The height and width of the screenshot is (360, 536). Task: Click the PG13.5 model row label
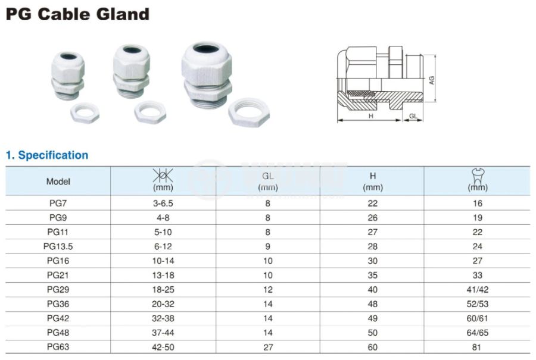point(58,246)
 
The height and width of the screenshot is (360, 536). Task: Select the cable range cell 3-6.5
point(163,204)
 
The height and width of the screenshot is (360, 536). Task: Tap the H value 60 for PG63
point(373,347)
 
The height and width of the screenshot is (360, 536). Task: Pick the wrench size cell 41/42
point(478,290)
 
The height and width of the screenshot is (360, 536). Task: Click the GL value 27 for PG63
point(268,347)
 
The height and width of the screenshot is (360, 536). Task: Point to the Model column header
point(58,181)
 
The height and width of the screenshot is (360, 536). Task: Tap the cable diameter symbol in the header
point(163,175)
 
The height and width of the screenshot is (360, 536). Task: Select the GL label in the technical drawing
point(413,116)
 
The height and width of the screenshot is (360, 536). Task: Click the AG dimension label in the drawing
point(431,80)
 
